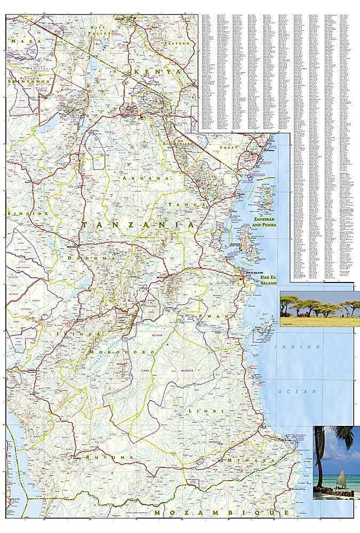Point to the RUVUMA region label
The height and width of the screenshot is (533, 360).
coord(111,457)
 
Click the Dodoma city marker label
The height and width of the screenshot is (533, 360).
coord(71,247)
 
